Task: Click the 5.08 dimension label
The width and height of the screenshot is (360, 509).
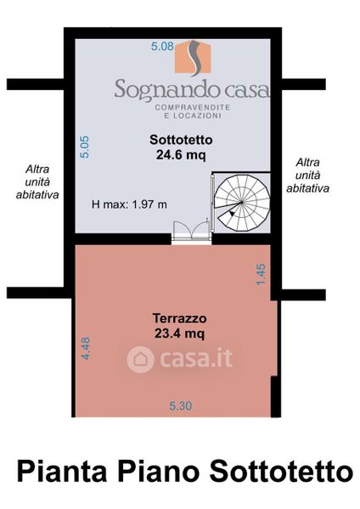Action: tap(162, 46)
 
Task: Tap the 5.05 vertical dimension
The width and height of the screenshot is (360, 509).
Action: tap(84, 147)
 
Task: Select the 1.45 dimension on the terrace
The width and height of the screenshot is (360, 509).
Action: tap(261, 274)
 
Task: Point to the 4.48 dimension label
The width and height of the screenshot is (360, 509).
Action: tap(86, 348)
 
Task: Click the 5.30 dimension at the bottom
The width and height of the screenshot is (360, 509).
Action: tap(181, 406)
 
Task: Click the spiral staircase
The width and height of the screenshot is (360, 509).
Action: tap(242, 203)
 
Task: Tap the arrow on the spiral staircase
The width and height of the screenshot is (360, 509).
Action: tap(231, 213)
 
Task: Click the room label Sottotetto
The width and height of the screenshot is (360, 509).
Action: tap(181, 140)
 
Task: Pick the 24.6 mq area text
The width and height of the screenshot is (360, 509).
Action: tap(181, 155)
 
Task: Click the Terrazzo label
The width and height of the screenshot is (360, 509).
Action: tap(179, 318)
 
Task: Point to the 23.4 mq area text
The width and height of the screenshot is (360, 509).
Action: tap(179, 333)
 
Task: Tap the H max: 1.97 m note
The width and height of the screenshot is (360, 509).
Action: tap(129, 204)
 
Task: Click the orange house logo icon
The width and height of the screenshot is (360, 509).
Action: tap(193, 58)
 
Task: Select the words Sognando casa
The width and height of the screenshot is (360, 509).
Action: tap(192, 89)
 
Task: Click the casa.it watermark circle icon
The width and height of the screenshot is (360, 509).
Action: tap(140, 359)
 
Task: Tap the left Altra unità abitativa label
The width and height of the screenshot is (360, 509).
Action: tap(37, 182)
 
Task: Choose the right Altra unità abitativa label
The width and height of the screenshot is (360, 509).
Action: tap(307, 176)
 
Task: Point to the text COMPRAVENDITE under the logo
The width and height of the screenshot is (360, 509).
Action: tap(193, 107)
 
